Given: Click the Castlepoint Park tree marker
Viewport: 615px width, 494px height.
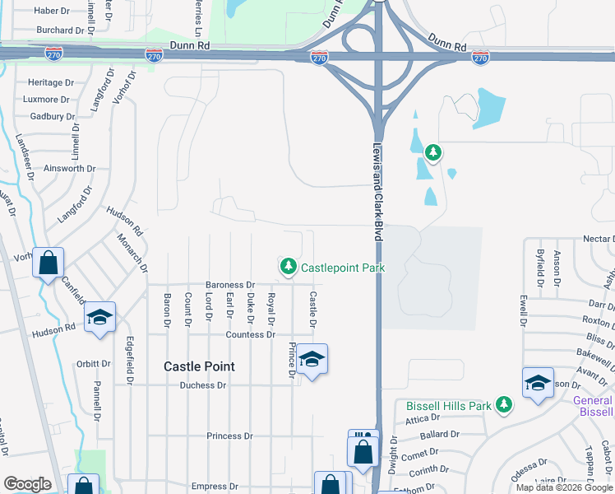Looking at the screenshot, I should [288, 266].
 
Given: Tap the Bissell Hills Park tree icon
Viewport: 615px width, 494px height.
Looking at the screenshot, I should [504, 405].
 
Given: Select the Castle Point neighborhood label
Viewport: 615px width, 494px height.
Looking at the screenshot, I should [199, 366].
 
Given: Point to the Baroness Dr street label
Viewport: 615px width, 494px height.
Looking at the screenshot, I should [230, 285].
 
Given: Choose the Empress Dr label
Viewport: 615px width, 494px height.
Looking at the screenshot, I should [214, 487].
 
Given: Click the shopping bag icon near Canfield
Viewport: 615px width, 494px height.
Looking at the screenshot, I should [49, 263].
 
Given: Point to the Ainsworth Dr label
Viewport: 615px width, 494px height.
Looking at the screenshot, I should [70, 169].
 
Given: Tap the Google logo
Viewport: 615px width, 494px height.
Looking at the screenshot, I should [27, 484].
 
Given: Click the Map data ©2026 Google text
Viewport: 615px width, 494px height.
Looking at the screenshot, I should [563, 487].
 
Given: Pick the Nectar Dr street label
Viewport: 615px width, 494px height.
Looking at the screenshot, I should [598, 238].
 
